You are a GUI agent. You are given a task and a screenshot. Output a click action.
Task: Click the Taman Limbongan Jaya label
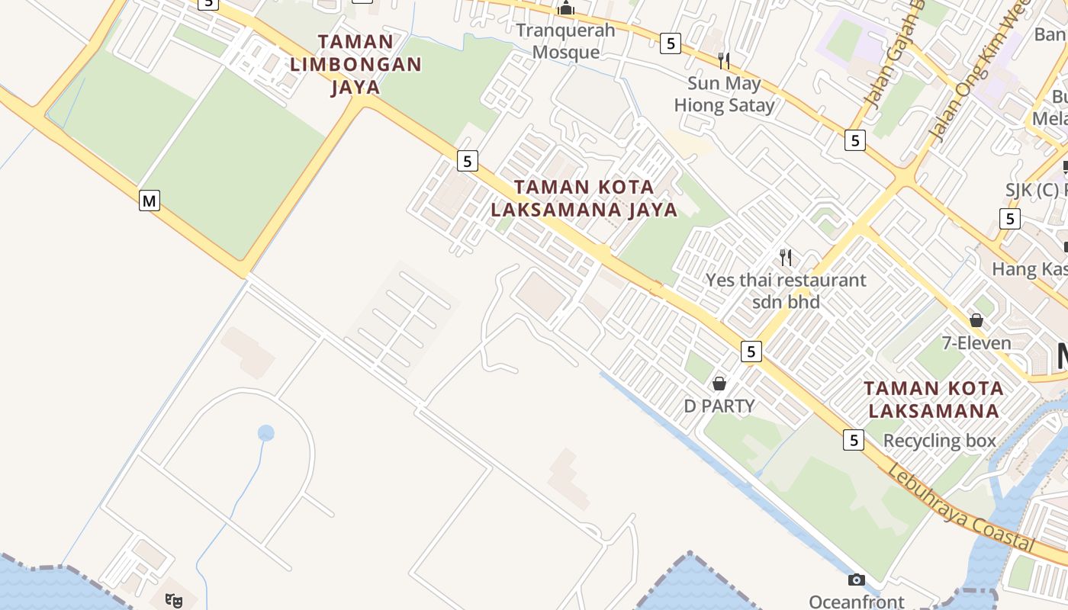(355, 64)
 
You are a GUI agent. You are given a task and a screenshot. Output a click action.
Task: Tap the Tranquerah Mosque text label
(565, 41)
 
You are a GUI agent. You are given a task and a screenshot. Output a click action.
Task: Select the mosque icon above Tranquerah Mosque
(566, 9)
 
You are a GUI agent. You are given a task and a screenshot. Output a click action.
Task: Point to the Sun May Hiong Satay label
(724, 94)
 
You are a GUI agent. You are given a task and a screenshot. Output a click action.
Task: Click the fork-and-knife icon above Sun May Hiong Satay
(724, 60)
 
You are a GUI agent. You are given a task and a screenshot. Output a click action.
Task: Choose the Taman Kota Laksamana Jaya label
(584, 198)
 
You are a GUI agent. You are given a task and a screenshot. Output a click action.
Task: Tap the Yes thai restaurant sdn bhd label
(786, 291)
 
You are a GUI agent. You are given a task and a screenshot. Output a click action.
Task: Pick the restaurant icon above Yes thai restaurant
(786, 257)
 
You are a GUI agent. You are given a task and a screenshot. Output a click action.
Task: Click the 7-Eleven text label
(976, 343)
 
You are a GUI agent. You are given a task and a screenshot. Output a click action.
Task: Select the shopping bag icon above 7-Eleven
(976, 320)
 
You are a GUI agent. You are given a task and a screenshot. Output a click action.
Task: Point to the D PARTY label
(719, 406)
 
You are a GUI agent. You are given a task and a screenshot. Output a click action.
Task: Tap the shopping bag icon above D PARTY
(719, 384)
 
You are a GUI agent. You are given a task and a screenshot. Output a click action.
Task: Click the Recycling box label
(940, 441)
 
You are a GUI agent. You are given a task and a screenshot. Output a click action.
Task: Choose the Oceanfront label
(857, 602)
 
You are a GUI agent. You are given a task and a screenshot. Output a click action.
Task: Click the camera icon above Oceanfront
(857, 580)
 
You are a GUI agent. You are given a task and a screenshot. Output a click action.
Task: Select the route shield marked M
(150, 201)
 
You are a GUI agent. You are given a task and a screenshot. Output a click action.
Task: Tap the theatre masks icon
(174, 601)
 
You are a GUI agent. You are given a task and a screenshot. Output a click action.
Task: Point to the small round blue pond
(265, 433)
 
